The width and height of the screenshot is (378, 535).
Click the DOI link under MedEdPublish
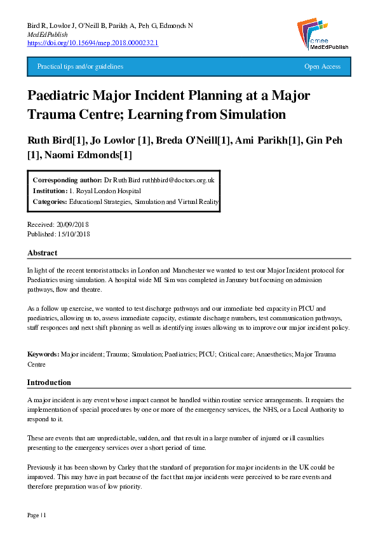(93, 43)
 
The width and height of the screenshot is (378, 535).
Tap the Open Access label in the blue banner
(322, 67)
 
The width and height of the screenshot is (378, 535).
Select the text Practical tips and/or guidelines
(80, 67)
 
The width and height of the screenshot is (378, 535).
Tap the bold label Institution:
(50, 191)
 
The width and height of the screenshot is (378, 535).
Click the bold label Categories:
(50, 201)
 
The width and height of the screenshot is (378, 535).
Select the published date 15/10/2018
(75, 234)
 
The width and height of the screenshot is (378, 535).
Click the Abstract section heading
(43, 253)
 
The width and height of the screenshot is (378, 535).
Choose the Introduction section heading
(49, 383)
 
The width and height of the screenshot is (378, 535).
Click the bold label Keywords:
(43, 353)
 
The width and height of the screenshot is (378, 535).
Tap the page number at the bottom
(36, 513)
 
